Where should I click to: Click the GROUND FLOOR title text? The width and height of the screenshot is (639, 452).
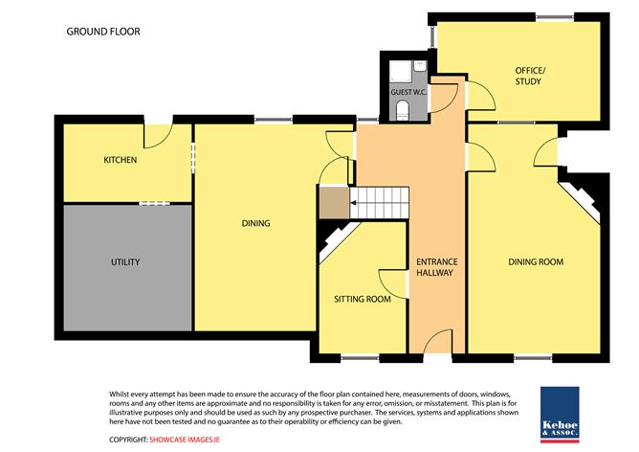pyautogui.click(x=103, y=32)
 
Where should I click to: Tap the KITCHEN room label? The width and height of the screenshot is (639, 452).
pyautogui.click(x=121, y=160)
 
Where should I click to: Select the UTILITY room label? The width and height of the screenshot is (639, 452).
pyautogui.click(x=125, y=261)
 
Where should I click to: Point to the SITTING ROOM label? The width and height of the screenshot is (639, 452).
pyautogui.click(x=363, y=299)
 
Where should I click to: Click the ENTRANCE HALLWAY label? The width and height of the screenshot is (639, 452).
pyautogui.click(x=436, y=267)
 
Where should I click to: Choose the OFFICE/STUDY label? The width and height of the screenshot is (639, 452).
pyautogui.click(x=529, y=76)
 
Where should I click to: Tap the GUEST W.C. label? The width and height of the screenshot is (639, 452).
pyautogui.click(x=408, y=92)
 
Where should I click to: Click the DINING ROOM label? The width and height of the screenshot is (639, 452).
pyautogui.click(x=536, y=261)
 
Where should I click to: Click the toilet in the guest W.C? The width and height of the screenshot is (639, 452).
pyautogui.click(x=402, y=110)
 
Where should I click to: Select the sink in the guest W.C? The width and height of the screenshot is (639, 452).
pyautogui.click(x=420, y=66)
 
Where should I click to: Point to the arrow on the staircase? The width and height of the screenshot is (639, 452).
pyautogui.click(x=354, y=203)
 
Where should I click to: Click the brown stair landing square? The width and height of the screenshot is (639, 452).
pyautogui.click(x=334, y=203)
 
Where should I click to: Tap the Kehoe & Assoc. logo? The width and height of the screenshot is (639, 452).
pyautogui.click(x=560, y=415)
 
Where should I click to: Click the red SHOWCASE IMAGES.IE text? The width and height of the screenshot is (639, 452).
pyautogui.click(x=185, y=440)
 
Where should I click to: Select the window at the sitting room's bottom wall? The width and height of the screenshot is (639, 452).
pyautogui.click(x=360, y=358)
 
